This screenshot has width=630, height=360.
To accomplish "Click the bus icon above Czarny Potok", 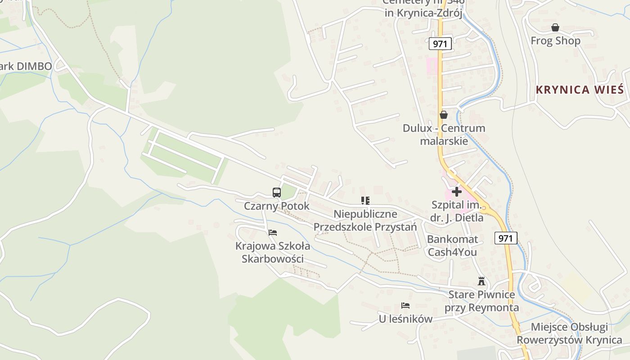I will point(277,193).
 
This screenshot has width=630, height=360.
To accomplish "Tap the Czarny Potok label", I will point(277,206).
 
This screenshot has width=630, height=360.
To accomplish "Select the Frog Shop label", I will point(555,41).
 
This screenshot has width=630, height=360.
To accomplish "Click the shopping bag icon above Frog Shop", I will point(555,28).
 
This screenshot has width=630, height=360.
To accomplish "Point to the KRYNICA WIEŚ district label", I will point(580,90).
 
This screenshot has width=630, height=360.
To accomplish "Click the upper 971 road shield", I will point(440,44).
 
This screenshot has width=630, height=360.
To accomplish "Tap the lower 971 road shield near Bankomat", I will point(506,238).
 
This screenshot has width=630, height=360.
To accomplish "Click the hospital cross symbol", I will point(456,192).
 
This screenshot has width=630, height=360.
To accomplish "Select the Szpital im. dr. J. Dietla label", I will point(457,211).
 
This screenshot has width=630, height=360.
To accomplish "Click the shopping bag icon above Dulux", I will point(444,115).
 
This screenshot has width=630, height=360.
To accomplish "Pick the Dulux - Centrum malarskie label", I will point(444,135).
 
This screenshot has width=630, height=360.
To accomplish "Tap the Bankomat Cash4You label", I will point(452,246).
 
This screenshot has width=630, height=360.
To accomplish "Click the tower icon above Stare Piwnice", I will point(481,282).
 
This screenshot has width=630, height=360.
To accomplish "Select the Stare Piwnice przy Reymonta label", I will point(481,301).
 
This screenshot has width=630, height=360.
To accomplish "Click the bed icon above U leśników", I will point(405,306).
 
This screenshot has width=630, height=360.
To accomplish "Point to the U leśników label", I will point(405,319).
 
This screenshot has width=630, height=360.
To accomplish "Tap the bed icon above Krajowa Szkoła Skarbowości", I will point(273,233).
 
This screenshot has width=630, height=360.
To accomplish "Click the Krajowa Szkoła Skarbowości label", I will point(273,252).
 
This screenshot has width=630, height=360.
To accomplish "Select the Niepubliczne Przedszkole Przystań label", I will point(365,220).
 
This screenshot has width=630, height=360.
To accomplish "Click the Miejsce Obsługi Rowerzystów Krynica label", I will point(569,333).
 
